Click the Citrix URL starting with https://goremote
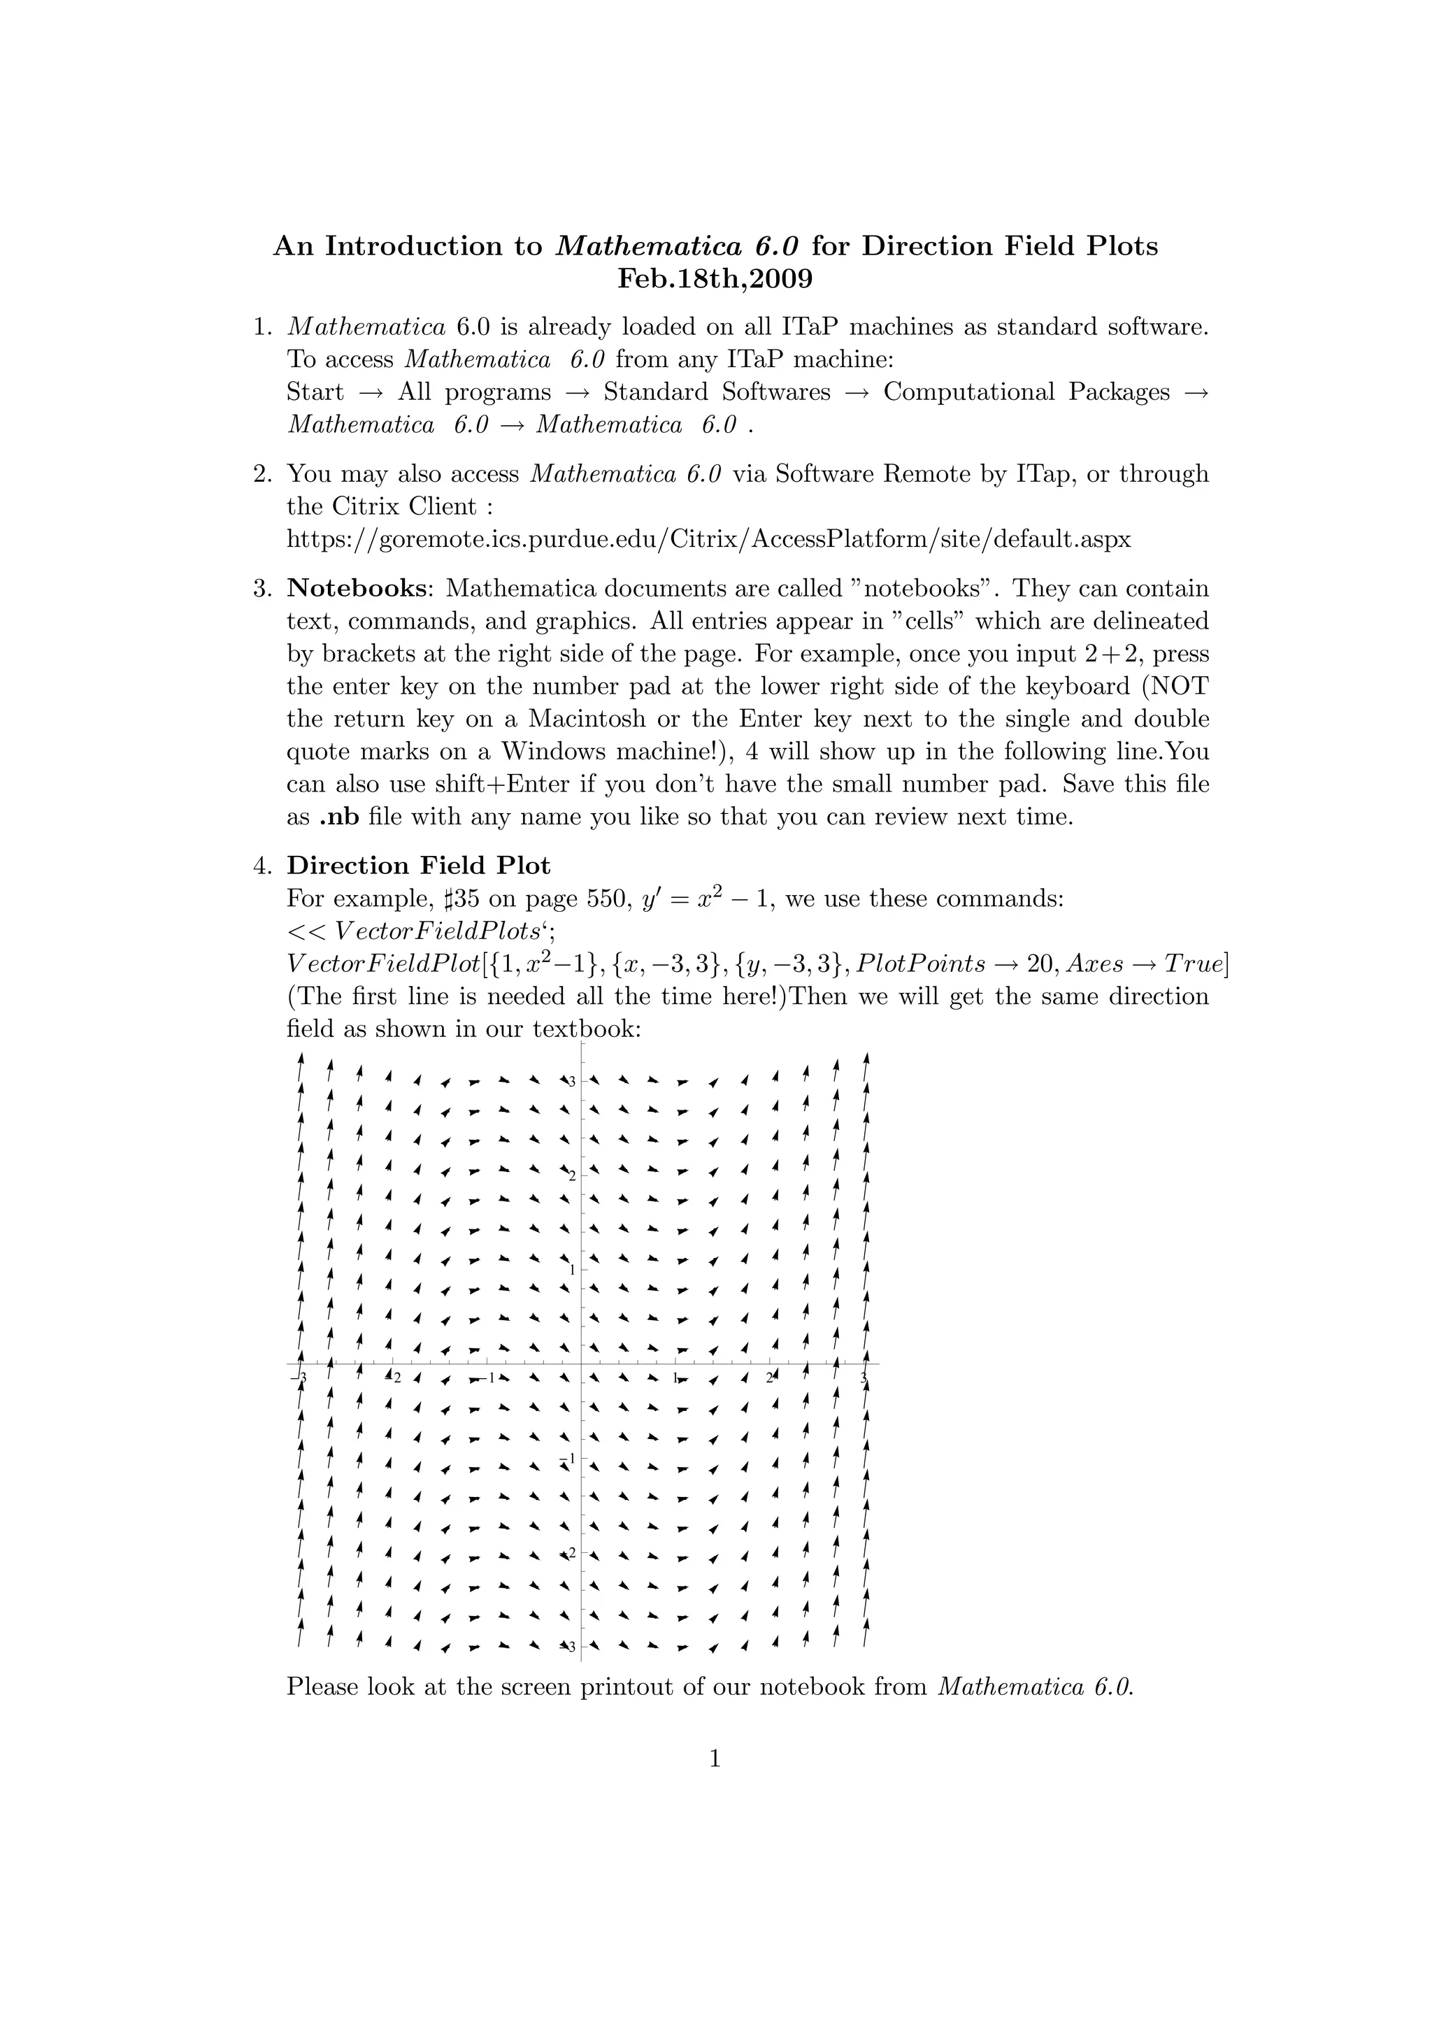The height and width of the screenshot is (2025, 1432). click(709, 539)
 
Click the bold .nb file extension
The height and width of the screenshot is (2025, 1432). click(338, 817)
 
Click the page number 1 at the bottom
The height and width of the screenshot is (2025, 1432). click(715, 1759)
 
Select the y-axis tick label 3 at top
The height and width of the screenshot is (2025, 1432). click(571, 1081)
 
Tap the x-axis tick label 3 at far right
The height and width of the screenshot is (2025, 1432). click(864, 1378)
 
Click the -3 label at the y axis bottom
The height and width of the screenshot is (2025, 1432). click(570, 1647)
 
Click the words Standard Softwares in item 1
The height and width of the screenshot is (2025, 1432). click(717, 392)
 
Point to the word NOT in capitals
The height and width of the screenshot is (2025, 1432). click(1179, 686)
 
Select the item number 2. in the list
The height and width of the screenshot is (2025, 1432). click(262, 473)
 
